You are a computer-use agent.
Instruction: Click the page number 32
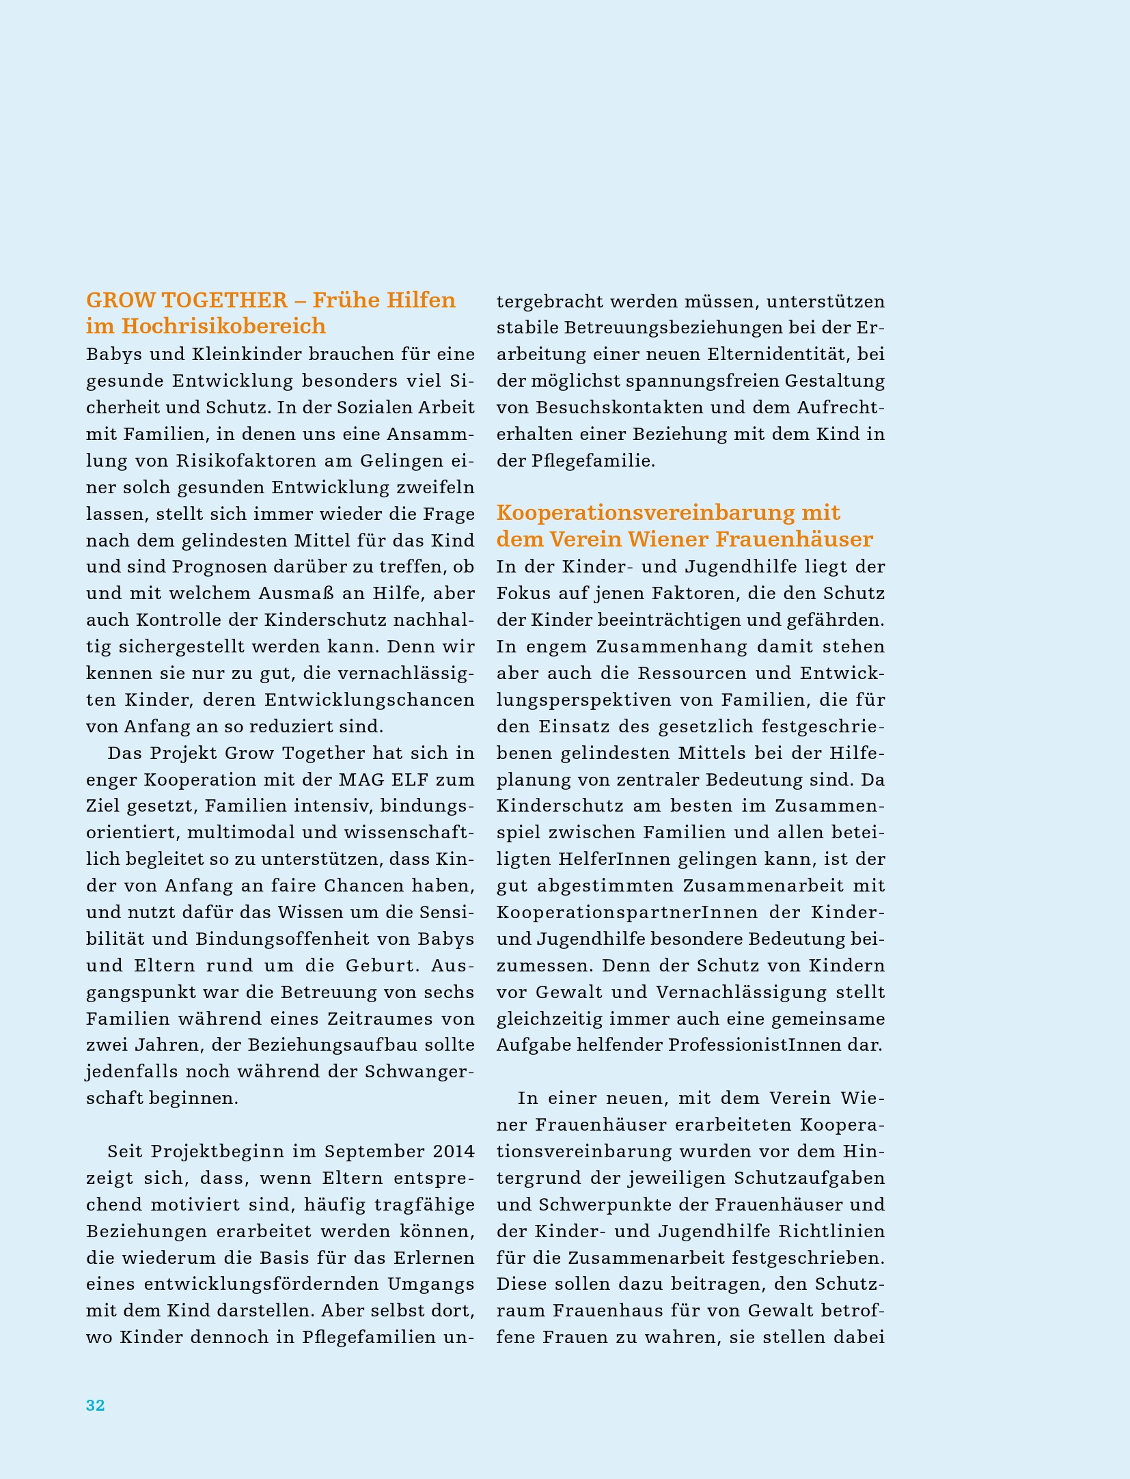(95, 1405)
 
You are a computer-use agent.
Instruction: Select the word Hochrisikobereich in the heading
(223, 327)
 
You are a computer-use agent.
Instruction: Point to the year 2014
(454, 1151)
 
